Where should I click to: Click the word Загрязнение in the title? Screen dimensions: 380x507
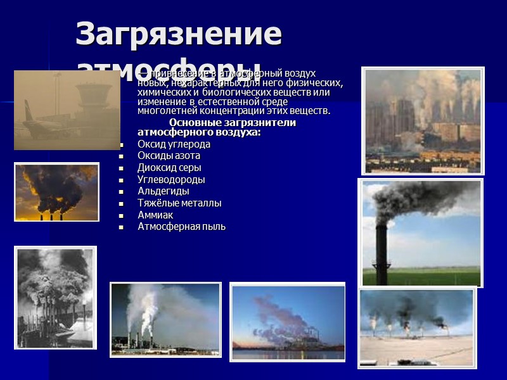click(x=179, y=35)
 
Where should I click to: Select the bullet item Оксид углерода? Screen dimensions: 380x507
click(x=174, y=144)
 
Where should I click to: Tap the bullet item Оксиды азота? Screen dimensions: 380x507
click(x=169, y=156)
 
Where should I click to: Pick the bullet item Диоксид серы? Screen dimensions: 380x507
click(x=169, y=168)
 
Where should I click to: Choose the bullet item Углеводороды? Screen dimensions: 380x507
click(x=171, y=180)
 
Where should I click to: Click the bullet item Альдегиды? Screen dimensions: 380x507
click(x=163, y=191)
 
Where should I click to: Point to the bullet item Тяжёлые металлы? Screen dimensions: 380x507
click(x=179, y=203)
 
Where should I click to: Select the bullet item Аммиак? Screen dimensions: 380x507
click(x=155, y=215)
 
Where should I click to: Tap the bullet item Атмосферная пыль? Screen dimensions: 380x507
click(x=181, y=227)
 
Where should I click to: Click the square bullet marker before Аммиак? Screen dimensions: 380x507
click(x=120, y=216)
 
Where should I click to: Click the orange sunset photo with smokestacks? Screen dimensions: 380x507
click(x=56, y=192)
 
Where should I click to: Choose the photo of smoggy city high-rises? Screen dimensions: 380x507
click(x=423, y=120)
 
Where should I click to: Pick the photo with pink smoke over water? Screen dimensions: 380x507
click(x=287, y=322)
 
